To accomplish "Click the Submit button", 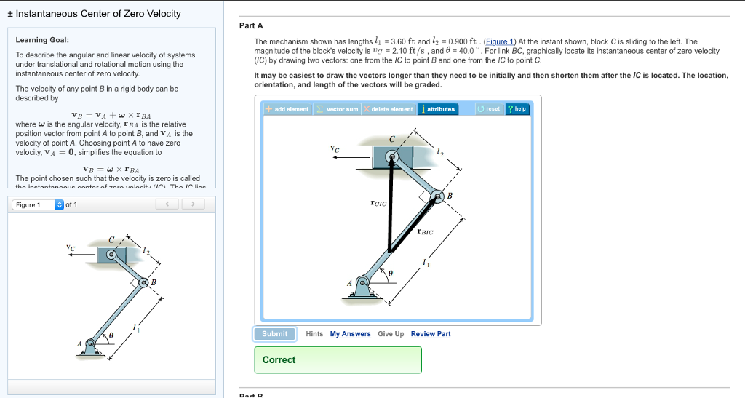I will point(275,334).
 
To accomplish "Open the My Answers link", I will point(350,334).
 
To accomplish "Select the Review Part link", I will point(431,334).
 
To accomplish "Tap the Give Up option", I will point(391,334).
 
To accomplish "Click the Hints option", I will point(314,334).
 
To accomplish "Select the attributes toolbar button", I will point(437,109).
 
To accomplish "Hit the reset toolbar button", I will point(489,109).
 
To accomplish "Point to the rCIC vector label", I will point(378,204).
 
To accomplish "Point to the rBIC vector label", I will point(426,232).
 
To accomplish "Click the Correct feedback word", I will point(279,359).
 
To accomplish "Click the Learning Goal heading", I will point(42,40).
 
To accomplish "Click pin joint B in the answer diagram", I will point(437,196).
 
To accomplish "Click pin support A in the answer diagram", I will point(362,283).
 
